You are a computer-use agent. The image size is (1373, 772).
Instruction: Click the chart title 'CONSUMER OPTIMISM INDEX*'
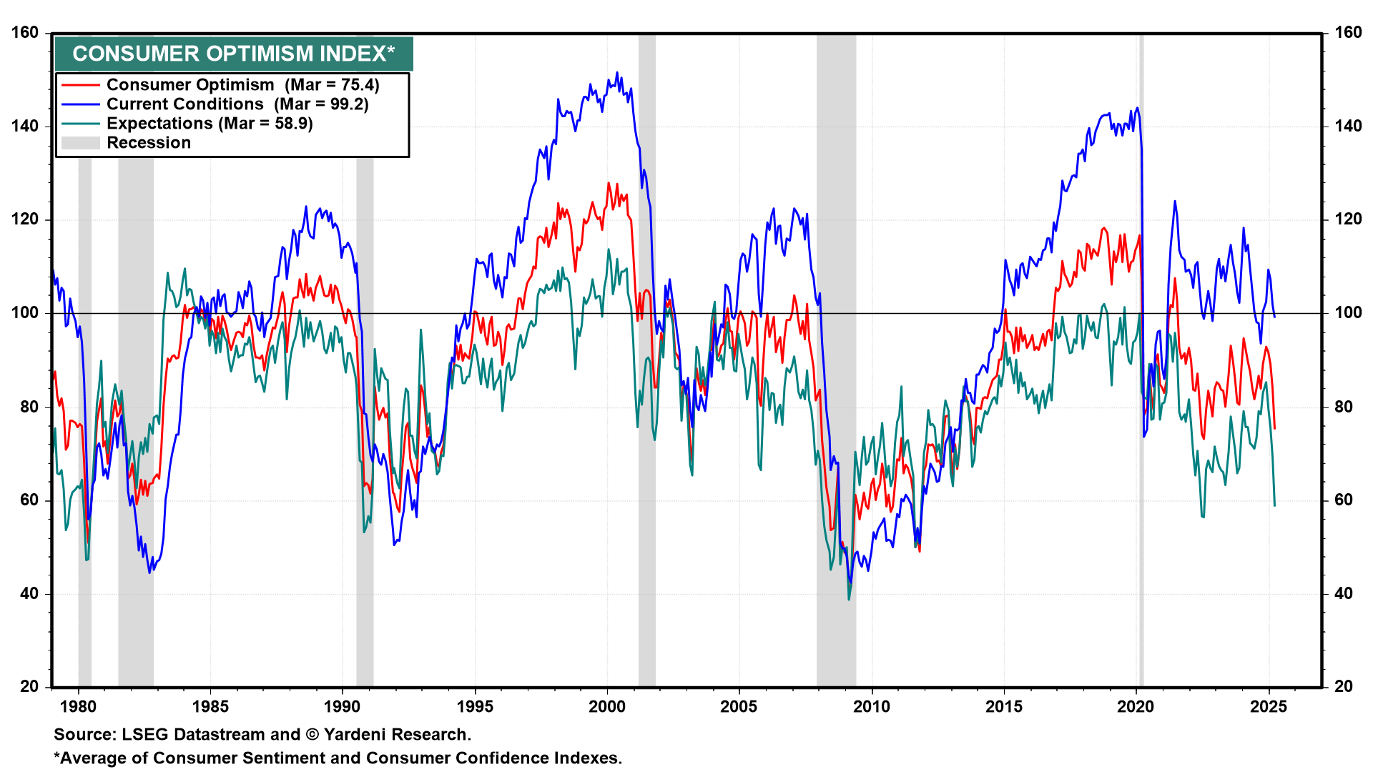[x=234, y=54]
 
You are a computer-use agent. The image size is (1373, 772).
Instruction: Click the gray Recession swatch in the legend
[x=80, y=143]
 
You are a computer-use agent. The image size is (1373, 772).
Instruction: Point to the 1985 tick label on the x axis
[x=210, y=707]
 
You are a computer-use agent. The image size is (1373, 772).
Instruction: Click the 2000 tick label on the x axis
[x=607, y=707]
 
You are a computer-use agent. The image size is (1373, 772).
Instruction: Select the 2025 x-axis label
[x=1268, y=707]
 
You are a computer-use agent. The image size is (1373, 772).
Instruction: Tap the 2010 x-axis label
[x=872, y=707]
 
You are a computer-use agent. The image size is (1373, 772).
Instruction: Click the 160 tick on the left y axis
[x=25, y=33]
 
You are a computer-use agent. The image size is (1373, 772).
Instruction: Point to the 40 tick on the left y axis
[x=29, y=593]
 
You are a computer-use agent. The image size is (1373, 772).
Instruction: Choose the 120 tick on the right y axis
[x=1348, y=219]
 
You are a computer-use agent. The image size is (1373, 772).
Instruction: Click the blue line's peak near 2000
[x=617, y=72]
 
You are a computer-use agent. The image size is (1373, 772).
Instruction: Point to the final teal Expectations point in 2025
[x=1274, y=505]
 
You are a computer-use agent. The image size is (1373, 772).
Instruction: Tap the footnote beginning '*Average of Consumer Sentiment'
[x=338, y=758]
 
